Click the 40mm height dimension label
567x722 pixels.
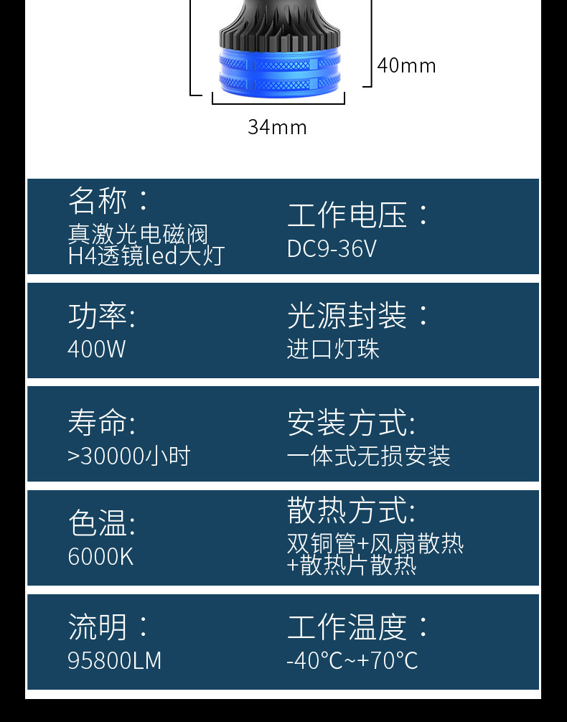tap(406, 65)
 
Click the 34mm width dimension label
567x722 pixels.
tap(277, 127)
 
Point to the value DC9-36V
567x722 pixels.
tap(332, 248)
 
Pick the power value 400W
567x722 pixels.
tap(97, 349)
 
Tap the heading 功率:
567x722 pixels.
tap(102, 316)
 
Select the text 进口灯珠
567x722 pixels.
tap(333, 349)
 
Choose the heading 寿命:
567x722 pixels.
tap(102, 422)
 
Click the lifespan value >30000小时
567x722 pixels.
tap(128, 456)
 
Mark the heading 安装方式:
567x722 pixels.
tap(351, 422)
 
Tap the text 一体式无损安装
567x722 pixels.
tap(368, 456)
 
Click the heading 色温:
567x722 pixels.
tap(102, 522)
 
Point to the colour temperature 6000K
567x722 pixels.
tap(100, 556)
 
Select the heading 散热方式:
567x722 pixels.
tap(351, 510)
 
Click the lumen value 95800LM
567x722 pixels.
tap(115, 660)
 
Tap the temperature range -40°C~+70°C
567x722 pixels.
tap(352, 660)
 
